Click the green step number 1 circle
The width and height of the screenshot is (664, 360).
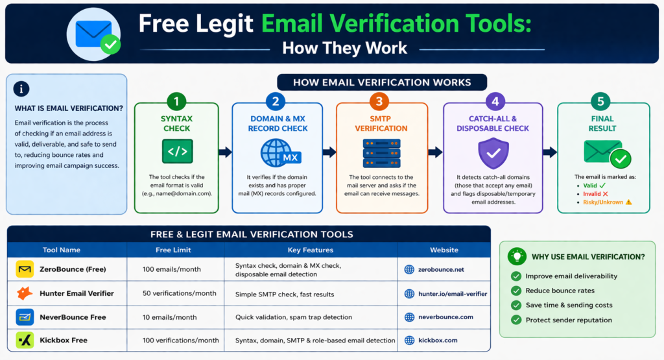click(176, 102)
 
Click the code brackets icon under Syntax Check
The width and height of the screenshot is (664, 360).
click(177, 152)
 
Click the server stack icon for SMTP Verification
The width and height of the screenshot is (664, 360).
click(381, 153)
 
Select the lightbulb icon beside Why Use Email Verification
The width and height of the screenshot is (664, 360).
click(517, 256)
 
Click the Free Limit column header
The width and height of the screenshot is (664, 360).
click(173, 250)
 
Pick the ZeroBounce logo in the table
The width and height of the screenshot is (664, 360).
click(25, 269)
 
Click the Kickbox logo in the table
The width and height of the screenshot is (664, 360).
click(25, 340)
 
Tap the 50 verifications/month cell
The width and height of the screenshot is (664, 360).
click(180, 294)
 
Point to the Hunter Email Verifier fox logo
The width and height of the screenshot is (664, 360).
click(25, 294)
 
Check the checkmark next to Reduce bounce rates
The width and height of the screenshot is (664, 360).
click(516, 291)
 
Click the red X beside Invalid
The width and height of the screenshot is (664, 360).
click(605, 193)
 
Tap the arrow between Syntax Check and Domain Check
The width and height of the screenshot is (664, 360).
click(225, 152)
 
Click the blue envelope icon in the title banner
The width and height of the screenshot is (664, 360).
click(94, 34)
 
